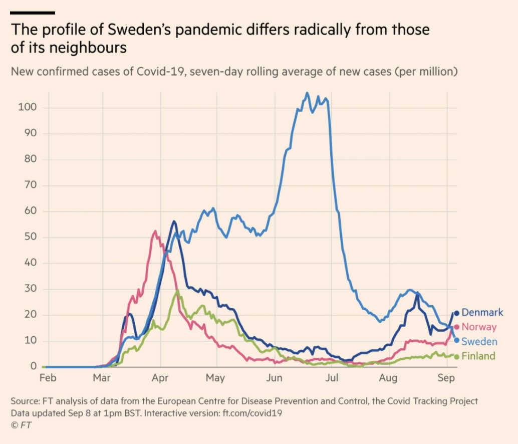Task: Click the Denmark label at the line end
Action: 482,313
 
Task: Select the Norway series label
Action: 479,327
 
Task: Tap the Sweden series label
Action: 479,342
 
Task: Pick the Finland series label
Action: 478,356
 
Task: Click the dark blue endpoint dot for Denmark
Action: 456,313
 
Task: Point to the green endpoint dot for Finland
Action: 456,357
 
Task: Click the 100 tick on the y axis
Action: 27,108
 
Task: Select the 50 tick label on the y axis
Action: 30,237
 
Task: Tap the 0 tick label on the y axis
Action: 33,367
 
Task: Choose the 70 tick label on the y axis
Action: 30,185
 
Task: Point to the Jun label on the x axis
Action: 274,378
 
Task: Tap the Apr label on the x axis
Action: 160,378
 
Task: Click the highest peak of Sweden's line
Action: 307,93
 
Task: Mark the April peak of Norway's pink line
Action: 155,231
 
